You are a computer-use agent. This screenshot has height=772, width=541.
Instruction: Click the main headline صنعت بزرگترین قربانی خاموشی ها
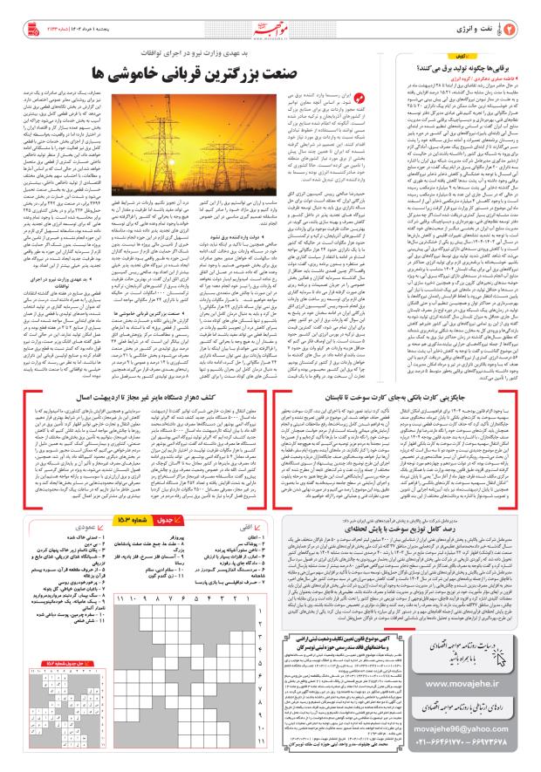(198, 66)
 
